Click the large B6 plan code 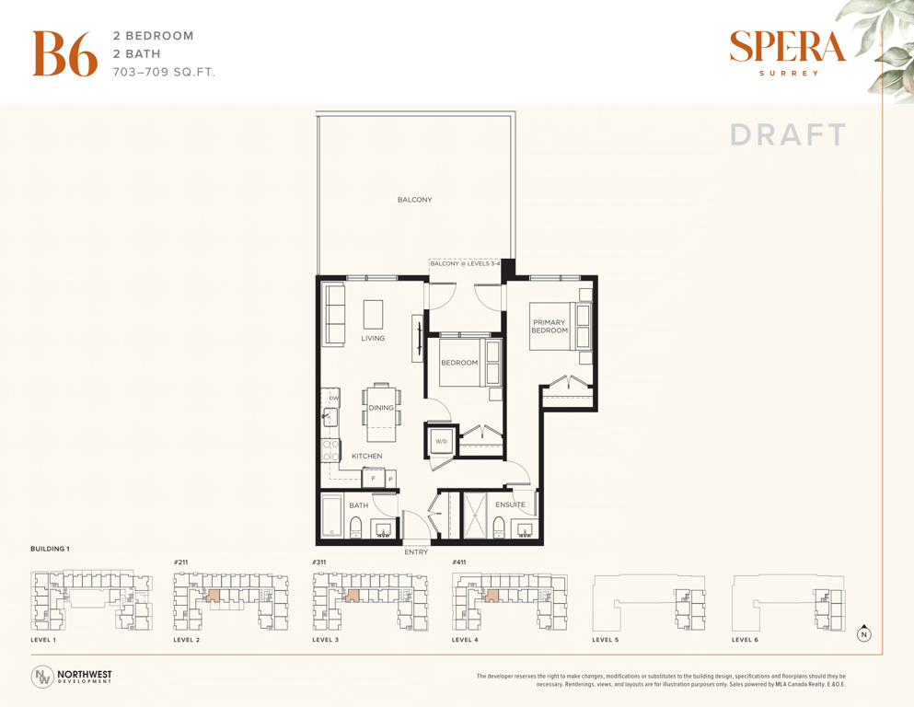[64, 53]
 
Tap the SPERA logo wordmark [787, 47]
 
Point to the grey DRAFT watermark [788, 134]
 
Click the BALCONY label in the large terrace [414, 200]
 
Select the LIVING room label [373, 338]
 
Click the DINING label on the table [381, 408]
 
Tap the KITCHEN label [366, 456]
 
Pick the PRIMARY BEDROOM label [550, 327]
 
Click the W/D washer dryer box [441, 441]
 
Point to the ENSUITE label [510, 504]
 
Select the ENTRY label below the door [416, 552]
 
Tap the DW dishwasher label [334, 398]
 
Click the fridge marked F [374, 479]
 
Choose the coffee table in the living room [373, 315]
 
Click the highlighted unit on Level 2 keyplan [214, 595]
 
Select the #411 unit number [459, 562]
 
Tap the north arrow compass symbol [864, 633]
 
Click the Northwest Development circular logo [42, 677]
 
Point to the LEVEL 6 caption [745, 640]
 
